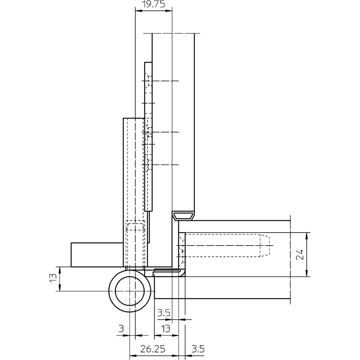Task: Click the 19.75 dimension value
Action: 153,4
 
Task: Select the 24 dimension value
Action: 300,255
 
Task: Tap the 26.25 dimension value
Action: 153,349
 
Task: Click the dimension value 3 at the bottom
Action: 121,329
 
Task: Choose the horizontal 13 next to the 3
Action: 166,329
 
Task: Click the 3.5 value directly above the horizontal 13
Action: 163,313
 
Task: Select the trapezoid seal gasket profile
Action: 184,216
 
